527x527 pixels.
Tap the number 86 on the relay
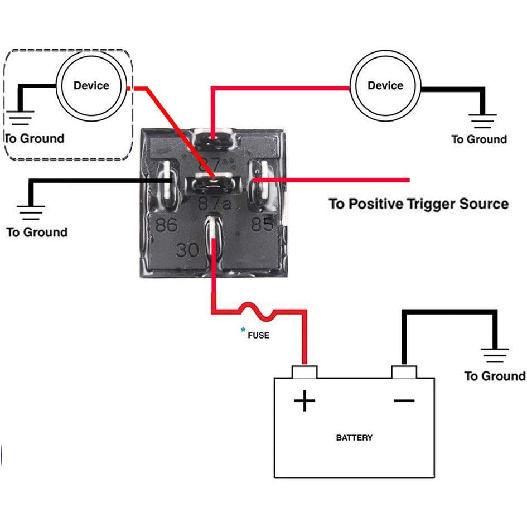pyautogui.click(x=167, y=225)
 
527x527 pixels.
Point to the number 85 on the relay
pyautogui.click(x=263, y=224)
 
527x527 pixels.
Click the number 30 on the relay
pyautogui.click(x=187, y=249)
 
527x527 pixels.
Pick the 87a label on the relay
pyautogui.click(x=215, y=204)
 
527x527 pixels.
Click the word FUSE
pyautogui.click(x=258, y=335)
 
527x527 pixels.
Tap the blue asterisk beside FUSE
pyautogui.click(x=243, y=330)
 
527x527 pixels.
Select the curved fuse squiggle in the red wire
pyautogui.click(x=258, y=311)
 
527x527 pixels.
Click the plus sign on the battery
pyautogui.click(x=304, y=400)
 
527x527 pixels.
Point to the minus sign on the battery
pyautogui.click(x=404, y=400)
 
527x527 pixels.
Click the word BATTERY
pyautogui.click(x=354, y=438)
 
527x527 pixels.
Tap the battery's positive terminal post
pyautogui.click(x=304, y=372)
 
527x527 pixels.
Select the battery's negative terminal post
pyautogui.click(x=404, y=372)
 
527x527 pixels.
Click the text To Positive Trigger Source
pyautogui.click(x=419, y=204)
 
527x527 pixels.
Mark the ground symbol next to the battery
pyautogui.click(x=495, y=356)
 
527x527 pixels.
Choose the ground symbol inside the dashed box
pyautogui.click(x=21, y=118)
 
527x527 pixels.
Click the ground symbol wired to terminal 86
pyautogui.click(x=31, y=212)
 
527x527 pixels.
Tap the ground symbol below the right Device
pyautogui.click(x=482, y=121)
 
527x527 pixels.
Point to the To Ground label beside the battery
pyautogui.click(x=495, y=376)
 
